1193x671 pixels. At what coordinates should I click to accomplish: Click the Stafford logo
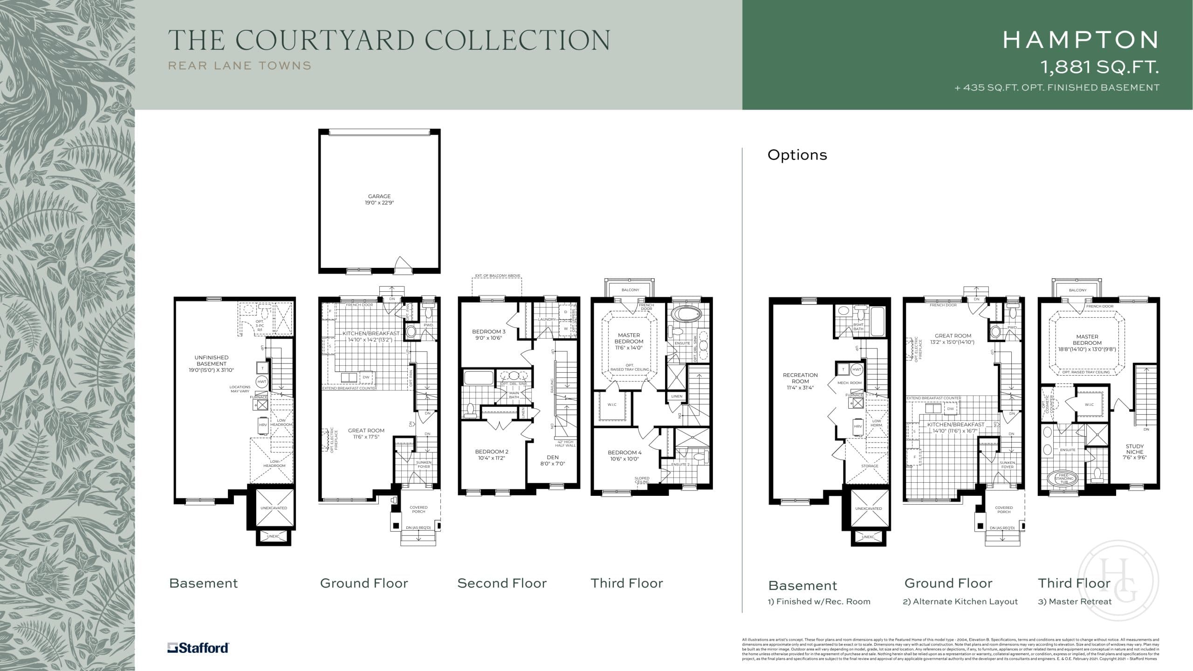point(198,648)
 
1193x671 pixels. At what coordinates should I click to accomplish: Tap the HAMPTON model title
point(1080,40)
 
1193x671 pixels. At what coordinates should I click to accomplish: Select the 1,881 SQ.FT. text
point(1100,68)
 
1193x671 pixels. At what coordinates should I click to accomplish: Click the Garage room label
point(379,199)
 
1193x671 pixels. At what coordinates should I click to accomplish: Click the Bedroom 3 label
point(489,335)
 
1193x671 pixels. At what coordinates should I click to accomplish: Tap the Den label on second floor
point(553,460)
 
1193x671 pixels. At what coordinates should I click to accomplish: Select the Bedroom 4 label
point(624,455)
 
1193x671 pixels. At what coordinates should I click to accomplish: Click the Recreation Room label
point(800,381)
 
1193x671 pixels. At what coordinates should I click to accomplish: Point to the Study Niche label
point(1134,452)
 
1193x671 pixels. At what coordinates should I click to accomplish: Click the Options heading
point(797,155)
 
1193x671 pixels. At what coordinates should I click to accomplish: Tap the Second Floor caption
point(502,583)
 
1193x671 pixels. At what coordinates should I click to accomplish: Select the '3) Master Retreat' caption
point(1075,602)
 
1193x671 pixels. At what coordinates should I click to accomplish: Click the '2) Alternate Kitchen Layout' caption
point(960,602)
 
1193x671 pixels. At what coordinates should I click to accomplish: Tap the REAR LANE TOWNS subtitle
point(240,66)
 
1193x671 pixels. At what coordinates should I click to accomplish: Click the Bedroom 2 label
point(492,454)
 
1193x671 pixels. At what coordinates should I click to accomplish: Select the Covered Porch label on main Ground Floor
point(418,509)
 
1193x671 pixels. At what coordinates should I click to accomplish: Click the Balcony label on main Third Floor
point(630,290)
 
